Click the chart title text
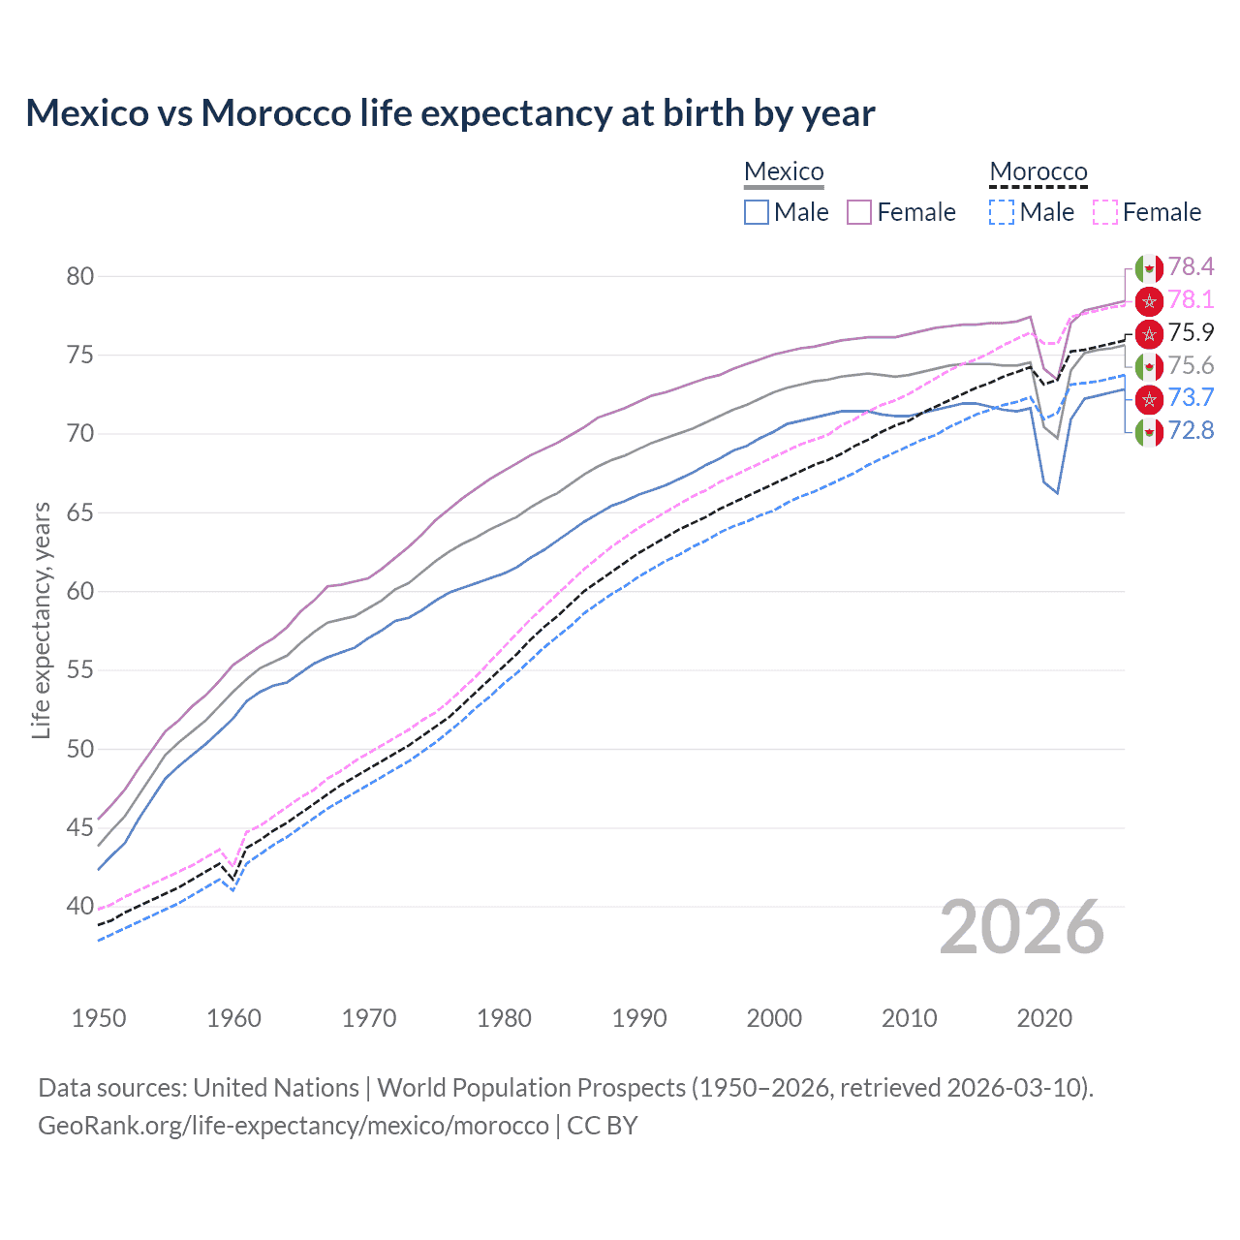450,113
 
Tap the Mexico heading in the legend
784,171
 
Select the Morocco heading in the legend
1038,171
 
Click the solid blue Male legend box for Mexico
757,212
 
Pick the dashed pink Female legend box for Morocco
1105,212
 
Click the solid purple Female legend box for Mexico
859,212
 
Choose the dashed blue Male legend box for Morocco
1002,212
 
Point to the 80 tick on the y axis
80,276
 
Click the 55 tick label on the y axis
80,670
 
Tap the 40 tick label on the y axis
80,907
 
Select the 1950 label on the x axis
99,1018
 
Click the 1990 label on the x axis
639,1018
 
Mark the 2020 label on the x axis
1044,1018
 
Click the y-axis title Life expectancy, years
42,620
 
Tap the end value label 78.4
1191,267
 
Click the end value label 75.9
1191,333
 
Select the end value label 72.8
1191,431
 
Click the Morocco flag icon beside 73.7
1149,398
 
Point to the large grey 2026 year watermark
1022,928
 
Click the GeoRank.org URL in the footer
294,1126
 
